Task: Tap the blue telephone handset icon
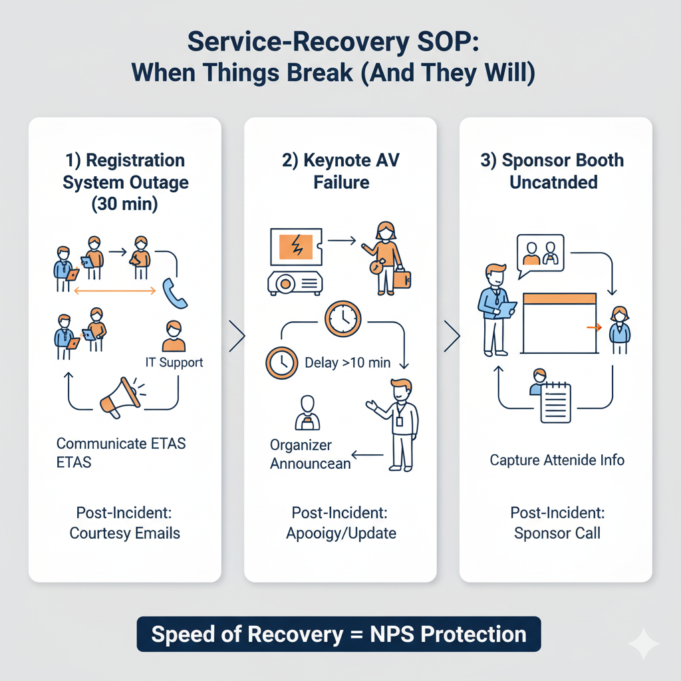[175, 293]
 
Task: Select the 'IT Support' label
[174, 362]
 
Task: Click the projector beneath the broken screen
[295, 283]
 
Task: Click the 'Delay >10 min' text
[346, 362]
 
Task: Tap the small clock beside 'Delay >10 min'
[281, 362]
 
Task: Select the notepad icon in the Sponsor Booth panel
[555, 402]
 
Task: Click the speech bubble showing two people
[539, 254]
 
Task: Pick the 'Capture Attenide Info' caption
[557, 460]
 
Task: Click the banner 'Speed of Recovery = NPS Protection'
[339, 634]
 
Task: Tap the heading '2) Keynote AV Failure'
[340, 171]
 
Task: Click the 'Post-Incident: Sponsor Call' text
[557, 523]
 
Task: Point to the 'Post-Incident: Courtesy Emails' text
[124, 523]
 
